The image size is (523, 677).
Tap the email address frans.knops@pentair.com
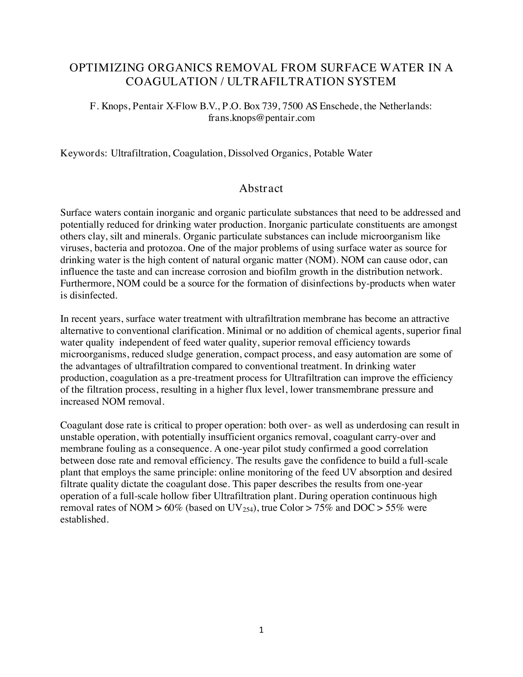[261, 118]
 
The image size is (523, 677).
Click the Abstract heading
[261, 188]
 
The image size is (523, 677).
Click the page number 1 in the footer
[261, 630]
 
